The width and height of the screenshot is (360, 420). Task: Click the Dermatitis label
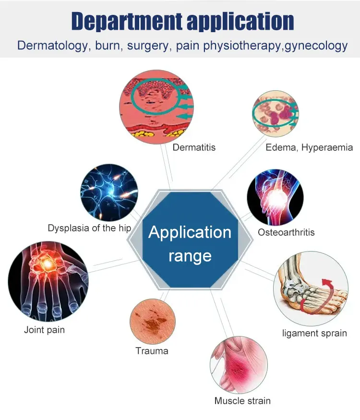click(194, 147)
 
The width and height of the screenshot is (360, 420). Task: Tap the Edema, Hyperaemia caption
click(309, 147)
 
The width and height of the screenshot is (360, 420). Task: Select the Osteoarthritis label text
click(286, 232)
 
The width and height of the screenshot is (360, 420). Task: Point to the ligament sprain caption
click(314, 333)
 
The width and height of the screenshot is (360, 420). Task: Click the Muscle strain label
click(242, 400)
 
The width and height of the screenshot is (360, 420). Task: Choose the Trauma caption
click(152, 351)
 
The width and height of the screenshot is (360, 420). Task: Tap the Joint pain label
click(44, 330)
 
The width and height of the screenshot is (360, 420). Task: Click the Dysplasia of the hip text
click(89, 228)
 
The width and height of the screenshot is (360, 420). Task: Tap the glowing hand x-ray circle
click(48, 281)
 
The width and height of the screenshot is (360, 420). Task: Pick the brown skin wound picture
click(153, 321)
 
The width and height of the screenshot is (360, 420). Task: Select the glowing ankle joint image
click(276, 197)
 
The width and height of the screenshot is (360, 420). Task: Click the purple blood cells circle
click(276, 115)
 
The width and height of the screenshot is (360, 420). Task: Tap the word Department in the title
click(126, 22)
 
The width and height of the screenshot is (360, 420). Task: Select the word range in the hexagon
click(190, 255)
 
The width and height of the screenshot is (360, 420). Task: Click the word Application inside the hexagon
click(190, 232)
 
